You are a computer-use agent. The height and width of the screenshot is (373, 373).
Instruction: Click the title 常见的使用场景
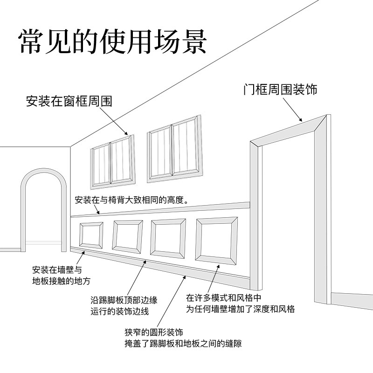pyautogui.click(x=112, y=42)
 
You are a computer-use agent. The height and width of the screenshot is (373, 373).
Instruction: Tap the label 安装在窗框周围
pyautogui.click(x=70, y=101)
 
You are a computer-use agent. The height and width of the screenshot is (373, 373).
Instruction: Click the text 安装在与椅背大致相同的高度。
pyautogui.click(x=131, y=201)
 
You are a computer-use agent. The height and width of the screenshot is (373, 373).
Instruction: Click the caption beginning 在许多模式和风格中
pyautogui.click(x=240, y=303)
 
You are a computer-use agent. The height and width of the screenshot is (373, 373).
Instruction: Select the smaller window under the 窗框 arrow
pyautogui.click(x=111, y=162)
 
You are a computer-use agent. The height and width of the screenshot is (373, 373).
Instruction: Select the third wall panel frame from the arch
pyautogui.click(x=168, y=239)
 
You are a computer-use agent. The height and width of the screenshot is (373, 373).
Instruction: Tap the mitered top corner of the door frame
pyautogui.click(x=321, y=122)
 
